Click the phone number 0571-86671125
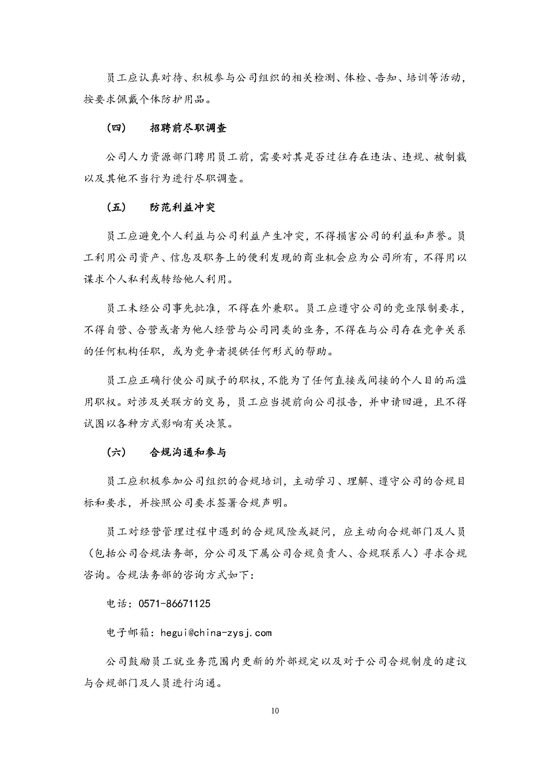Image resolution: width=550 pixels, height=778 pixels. click(x=175, y=603)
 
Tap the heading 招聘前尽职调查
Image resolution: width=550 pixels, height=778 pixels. click(x=188, y=128)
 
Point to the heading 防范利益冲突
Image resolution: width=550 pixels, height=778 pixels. click(x=183, y=207)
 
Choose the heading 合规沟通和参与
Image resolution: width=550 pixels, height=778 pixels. click(x=188, y=452)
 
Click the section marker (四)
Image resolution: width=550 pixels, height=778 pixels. click(x=116, y=128)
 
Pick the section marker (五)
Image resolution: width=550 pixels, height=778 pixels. click(x=116, y=207)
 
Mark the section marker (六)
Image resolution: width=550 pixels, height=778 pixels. click(x=116, y=452)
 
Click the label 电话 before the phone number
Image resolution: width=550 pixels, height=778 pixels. click(x=117, y=603)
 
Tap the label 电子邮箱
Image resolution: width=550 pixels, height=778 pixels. click(x=128, y=633)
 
